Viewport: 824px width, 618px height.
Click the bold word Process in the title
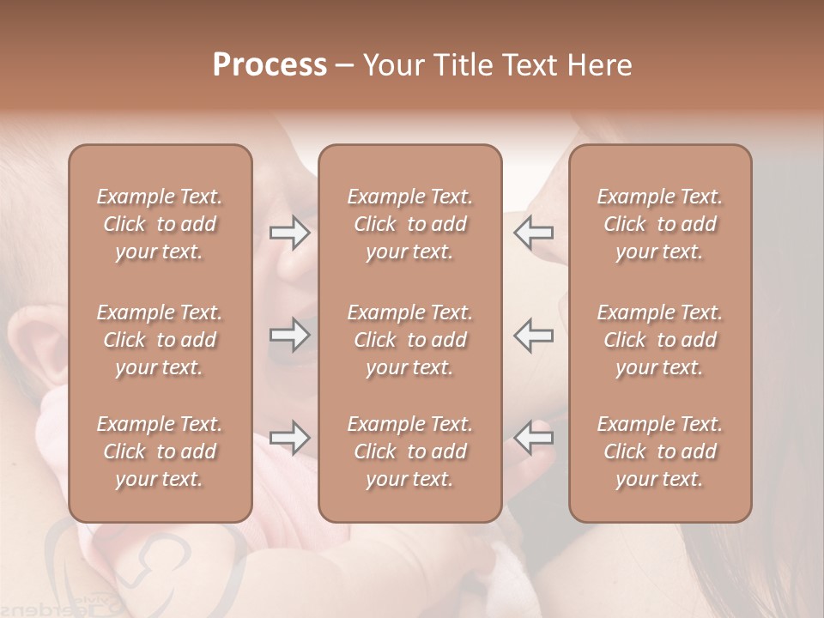(270, 65)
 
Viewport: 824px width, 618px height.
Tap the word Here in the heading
(598, 65)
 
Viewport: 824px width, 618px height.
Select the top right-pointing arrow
(290, 233)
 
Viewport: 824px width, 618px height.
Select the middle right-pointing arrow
(290, 335)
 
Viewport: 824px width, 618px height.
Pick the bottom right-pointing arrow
(290, 438)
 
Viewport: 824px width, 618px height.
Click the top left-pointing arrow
(533, 233)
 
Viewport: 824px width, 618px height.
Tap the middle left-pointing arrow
(533, 335)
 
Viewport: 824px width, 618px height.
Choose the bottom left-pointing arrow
(533, 438)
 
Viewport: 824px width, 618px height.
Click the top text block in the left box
(160, 224)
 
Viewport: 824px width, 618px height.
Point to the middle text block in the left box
(160, 340)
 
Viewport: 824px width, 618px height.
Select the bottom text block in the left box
(160, 451)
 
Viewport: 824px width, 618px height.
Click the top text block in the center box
(410, 224)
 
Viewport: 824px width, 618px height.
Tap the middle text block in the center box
(410, 340)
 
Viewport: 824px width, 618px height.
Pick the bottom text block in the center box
(410, 451)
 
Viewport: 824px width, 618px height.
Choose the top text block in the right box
(660, 224)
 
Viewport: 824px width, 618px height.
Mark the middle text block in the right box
(660, 340)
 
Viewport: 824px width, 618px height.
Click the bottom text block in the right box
(660, 451)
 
